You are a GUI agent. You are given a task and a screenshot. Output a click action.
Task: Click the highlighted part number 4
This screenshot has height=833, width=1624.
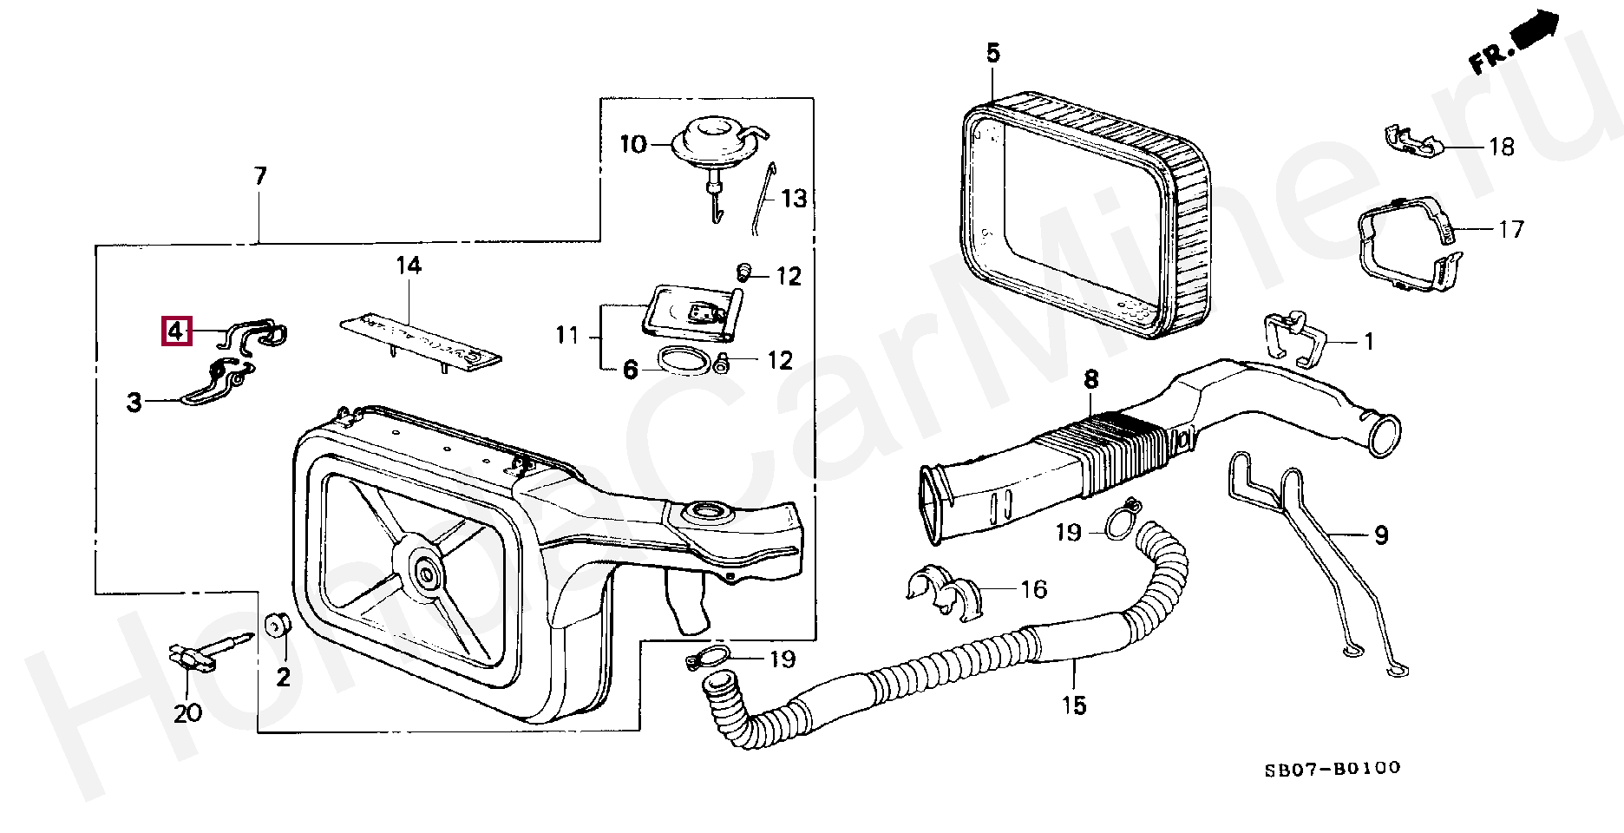click(175, 331)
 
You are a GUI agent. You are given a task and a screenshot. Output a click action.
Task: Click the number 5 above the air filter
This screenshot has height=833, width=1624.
click(992, 54)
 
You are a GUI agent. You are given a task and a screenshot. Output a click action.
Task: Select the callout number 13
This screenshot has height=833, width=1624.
click(794, 199)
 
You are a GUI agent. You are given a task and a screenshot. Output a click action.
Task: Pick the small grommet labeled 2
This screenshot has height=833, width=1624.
click(277, 626)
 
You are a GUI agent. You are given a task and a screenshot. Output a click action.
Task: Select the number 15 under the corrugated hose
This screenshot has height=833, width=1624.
click(1073, 705)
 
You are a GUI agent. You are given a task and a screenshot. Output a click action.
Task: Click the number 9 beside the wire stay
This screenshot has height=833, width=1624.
click(1380, 535)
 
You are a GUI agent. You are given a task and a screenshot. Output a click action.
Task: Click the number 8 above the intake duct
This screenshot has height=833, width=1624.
click(1090, 379)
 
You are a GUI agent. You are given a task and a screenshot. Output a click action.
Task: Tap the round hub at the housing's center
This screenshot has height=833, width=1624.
click(426, 571)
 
